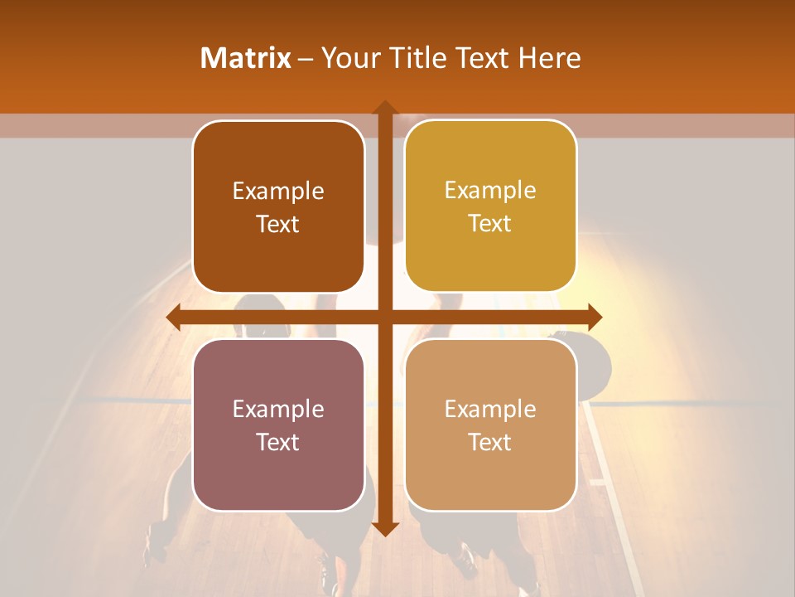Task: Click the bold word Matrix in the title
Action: pos(246,58)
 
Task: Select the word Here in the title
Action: pos(549,58)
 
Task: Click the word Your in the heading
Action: pos(346,58)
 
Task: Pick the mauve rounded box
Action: pos(278,481)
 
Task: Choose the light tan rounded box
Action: pos(490,481)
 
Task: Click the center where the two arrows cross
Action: pos(384,318)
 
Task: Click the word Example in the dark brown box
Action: pos(278,192)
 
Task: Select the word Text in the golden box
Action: pos(490,224)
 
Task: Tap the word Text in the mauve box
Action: pos(278,442)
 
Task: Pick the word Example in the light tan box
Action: pos(490,409)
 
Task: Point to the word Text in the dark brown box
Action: pos(278,225)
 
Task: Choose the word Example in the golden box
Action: pos(490,191)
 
